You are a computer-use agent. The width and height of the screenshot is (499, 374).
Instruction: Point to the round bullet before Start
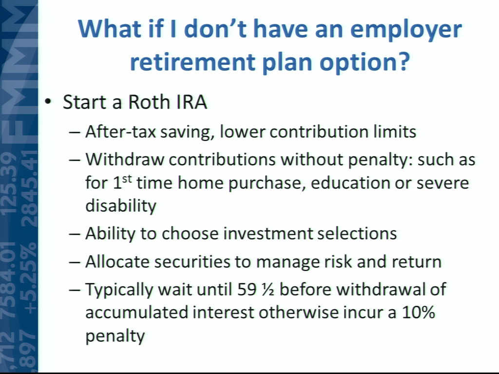point(48,102)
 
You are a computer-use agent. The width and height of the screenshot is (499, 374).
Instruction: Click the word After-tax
point(121,131)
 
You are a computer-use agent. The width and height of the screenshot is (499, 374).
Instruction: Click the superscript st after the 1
point(127,179)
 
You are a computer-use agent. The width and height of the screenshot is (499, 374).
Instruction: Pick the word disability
point(121,206)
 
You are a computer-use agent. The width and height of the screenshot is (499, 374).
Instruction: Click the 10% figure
point(418,312)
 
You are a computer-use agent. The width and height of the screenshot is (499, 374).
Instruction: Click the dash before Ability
point(74,234)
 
